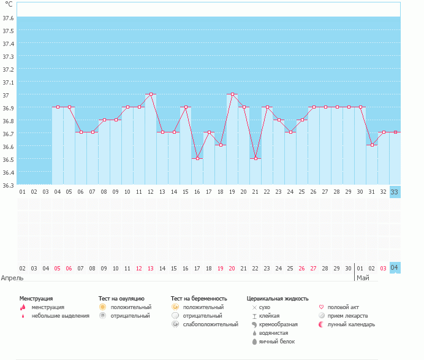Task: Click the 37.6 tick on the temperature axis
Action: (x=9, y=18)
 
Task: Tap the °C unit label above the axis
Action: (x=9, y=4)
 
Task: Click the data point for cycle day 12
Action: (x=151, y=94)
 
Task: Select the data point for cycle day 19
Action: (x=232, y=94)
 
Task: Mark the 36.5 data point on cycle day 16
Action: (x=197, y=158)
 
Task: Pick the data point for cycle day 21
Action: (x=256, y=158)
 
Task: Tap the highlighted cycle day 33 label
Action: (x=395, y=191)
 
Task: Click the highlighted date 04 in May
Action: (x=395, y=268)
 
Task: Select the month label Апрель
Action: (x=12, y=278)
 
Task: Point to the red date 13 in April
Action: (x=151, y=268)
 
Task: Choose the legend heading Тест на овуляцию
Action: (x=121, y=298)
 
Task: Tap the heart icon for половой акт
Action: (x=322, y=307)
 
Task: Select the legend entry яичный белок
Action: (x=276, y=342)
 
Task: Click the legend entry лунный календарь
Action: (x=351, y=324)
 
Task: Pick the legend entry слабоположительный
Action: (x=210, y=324)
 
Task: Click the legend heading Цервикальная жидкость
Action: (x=277, y=298)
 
